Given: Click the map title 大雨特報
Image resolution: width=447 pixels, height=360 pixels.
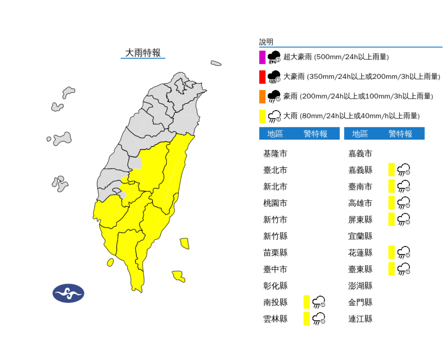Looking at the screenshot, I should pos(143,53).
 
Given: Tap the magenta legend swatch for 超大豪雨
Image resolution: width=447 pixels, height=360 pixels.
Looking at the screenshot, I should pos(262,57).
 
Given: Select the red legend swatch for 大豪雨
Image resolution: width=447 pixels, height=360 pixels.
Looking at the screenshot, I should pos(262,77).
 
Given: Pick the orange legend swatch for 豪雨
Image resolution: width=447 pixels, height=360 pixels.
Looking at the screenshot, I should pos(262,97).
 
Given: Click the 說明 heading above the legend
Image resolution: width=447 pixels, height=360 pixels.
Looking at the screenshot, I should pos(266,42).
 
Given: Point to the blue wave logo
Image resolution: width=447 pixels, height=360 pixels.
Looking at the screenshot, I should pos(68,293).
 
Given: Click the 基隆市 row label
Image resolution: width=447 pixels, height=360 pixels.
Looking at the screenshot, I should pos(275,154).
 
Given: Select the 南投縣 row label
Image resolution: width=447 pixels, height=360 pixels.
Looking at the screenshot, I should pos(275,302).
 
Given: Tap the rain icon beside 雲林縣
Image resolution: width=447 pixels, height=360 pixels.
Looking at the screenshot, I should pos(319,319).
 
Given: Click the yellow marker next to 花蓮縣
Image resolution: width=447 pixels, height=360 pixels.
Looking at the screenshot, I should pos(392,253).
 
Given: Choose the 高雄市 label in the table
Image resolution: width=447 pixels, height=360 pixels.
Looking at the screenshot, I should pos(360,203).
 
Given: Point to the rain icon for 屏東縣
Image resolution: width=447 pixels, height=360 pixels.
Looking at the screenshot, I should pos(404,220).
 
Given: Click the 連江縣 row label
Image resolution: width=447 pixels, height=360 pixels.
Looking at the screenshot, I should pos(360,319).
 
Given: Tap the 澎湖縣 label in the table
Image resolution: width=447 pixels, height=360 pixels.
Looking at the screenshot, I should pos(360,286).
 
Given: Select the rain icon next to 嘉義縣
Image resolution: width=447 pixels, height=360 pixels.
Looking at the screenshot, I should pos(404,170).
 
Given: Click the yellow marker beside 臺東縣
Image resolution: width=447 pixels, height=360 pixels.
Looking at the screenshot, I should pos(392,269).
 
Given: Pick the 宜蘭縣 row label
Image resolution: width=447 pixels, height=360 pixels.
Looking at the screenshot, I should pos(360,236).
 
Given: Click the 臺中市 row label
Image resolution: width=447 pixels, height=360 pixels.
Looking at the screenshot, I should pos(275,269).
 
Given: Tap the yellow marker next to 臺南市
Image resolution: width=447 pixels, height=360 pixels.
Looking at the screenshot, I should pos(392,186).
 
